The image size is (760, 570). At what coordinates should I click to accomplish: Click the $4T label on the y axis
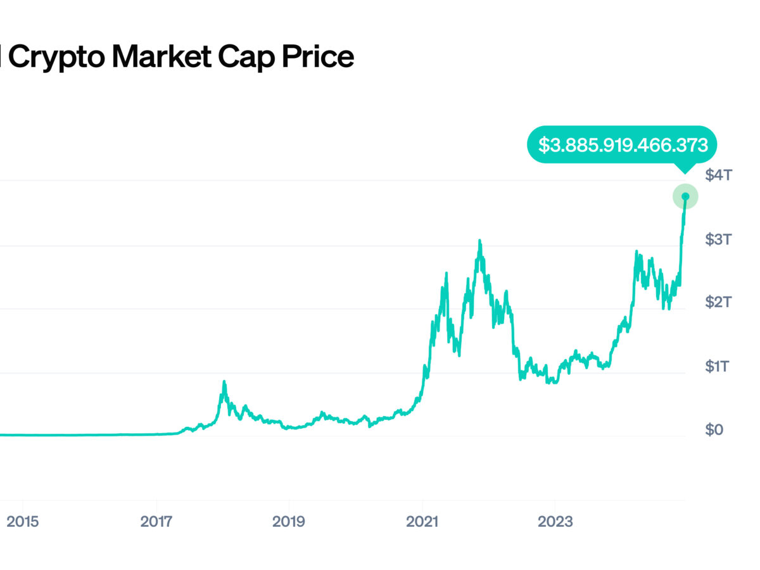(x=718, y=175)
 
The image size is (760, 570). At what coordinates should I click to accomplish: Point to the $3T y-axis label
(x=718, y=239)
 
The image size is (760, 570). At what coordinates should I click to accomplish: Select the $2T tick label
(x=718, y=303)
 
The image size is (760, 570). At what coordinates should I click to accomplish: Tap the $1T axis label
(x=718, y=367)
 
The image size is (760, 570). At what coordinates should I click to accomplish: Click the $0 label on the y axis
(x=714, y=430)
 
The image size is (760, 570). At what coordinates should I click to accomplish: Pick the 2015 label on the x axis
(x=22, y=522)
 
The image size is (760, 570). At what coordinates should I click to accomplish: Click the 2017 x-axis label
(x=155, y=522)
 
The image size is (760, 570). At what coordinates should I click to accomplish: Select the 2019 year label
(x=288, y=522)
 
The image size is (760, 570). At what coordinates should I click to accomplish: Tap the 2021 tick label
(x=422, y=522)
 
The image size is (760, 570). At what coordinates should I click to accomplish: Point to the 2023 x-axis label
(x=555, y=522)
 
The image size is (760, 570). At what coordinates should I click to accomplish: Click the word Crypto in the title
(x=56, y=58)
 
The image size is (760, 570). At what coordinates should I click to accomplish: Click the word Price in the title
(x=316, y=58)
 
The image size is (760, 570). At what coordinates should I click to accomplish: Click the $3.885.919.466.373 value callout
(x=623, y=144)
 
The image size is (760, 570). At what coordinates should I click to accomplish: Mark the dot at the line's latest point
(x=685, y=196)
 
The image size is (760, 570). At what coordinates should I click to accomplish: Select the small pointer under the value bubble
(x=683, y=168)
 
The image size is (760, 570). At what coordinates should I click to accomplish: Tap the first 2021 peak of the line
(x=446, y=274)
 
